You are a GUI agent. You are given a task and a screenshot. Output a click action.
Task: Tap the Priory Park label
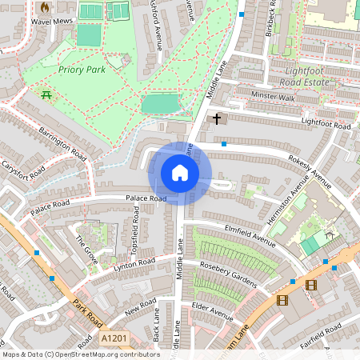tap(81, 70)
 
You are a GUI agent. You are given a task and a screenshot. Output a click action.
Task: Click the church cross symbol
tap(216, 119)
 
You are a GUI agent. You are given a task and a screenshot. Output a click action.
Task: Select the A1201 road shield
tap(114, 340)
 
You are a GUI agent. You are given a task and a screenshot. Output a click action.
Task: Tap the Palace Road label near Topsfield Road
tap(145, 198)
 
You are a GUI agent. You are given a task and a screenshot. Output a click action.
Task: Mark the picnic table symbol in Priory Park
tap(46, 95)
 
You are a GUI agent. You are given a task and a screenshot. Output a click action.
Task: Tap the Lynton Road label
tap(134, 264)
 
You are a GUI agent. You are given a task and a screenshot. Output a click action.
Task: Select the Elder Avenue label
tap(211, 306)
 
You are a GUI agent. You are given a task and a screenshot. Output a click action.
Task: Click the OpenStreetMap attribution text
tap(81, 354)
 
